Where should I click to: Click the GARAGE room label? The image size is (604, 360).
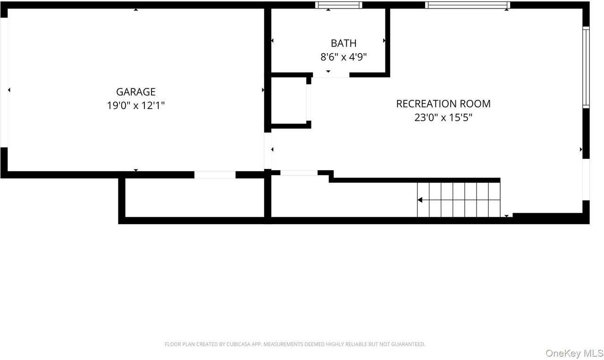tap(136, 92)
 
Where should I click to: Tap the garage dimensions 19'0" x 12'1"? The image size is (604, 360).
tap(136, 105)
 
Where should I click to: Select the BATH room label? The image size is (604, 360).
tap(344, 43)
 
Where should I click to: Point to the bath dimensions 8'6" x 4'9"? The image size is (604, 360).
tap(344, 57)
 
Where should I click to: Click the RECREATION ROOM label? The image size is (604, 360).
tap(443, 104)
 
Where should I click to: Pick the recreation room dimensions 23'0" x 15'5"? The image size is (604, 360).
tap(443, 117)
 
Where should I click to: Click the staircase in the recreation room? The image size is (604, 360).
tap(458, 200)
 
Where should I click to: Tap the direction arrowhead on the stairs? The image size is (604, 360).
tap(420, 200)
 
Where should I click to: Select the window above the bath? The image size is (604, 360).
tap(339, 5)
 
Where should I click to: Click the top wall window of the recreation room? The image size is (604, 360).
tap(467, 5)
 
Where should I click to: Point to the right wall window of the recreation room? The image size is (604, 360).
tap(586, 67)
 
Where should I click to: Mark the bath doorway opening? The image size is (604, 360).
tap(331, 75)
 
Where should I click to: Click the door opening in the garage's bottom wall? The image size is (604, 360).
tap(215, 175)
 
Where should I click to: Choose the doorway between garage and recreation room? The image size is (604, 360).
tap(268, 151)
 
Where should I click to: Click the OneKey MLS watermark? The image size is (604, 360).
tap(574, 353)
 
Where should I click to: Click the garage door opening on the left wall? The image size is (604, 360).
tap(4, 83)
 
